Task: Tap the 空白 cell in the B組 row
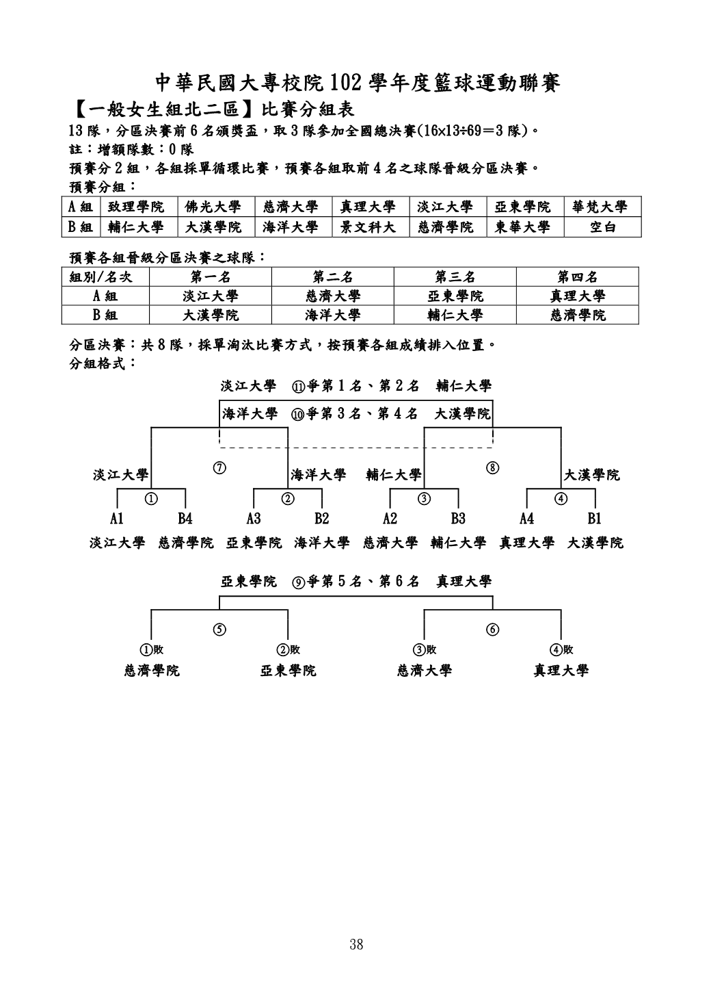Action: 602,227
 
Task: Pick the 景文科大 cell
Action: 368,227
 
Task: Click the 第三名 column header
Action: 455,277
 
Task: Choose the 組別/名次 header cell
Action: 100,277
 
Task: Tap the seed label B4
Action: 185,519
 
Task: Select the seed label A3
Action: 254,519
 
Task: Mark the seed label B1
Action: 594,519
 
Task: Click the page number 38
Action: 356,945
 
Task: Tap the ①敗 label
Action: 152,650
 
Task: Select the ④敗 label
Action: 561,650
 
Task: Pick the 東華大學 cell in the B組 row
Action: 522,227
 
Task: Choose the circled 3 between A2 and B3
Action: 425,498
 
